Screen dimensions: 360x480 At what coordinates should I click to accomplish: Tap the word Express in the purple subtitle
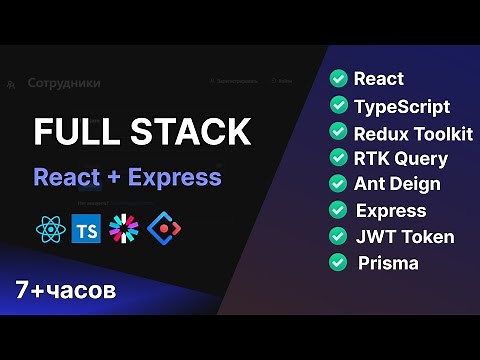(173, 178)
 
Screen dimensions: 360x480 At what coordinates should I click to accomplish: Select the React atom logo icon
(49, 228)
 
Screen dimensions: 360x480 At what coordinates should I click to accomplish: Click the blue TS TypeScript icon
(87, 228)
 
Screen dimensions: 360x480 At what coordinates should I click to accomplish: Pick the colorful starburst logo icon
(125, 228)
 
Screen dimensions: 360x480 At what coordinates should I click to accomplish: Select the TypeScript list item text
(402, 106)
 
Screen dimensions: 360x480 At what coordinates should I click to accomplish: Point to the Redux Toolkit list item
(413, 132)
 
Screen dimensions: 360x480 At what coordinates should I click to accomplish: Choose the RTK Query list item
(401, 158)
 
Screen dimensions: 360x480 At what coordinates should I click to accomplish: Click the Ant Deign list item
(397, 184)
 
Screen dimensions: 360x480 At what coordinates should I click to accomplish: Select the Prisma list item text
(386, 264)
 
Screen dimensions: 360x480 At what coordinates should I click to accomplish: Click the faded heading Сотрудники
(65, 84)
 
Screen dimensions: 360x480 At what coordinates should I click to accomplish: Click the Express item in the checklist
(391, 211)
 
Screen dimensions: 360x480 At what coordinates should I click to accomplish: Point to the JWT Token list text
(405, 237)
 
